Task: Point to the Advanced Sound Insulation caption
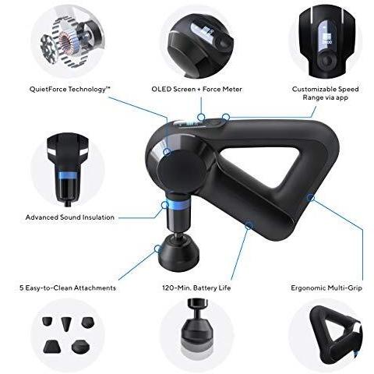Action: point(70,217)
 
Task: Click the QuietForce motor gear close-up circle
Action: point(69,35)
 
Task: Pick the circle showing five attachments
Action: point(69,337)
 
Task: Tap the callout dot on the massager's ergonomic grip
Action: point(310,197)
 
